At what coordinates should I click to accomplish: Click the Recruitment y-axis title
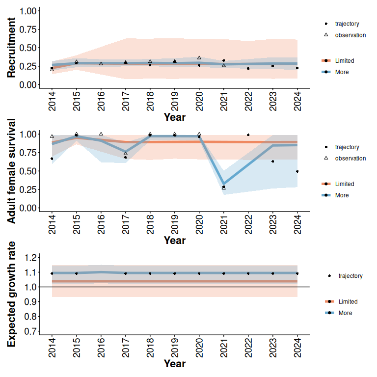pos(12,47)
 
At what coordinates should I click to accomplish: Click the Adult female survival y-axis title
pos(12,170)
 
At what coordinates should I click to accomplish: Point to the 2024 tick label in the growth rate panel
pos(297,348)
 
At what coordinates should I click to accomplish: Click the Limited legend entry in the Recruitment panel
pos(344,61)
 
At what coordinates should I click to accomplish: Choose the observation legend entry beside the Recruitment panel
pos(350,35)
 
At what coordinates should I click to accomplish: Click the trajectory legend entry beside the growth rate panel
pos(350,276)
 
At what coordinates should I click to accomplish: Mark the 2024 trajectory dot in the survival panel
pos(297,171)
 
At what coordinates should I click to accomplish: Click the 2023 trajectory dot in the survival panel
pos(273,162)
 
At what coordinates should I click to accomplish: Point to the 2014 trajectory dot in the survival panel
pos(52,159)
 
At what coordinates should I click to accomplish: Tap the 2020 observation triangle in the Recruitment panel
pos(199,57)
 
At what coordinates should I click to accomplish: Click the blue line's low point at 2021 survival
pos(224,184)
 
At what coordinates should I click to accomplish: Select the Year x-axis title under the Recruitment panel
pos(175,117)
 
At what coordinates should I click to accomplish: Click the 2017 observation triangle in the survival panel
pos(126,154)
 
